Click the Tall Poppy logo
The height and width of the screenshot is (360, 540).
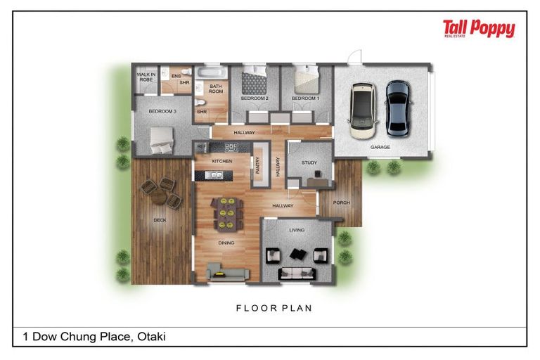point(479,29)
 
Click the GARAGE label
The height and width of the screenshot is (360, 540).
point(380,148)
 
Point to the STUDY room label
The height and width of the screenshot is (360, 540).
point(310,163)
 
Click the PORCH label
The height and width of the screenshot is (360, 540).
point(341,202)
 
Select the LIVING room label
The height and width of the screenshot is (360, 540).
point(296,229)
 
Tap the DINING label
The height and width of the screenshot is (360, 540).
point(226,243)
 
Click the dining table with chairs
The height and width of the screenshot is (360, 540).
point(226,213)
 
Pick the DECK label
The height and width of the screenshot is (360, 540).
point(160,220)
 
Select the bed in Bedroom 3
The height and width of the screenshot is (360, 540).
point(161,139)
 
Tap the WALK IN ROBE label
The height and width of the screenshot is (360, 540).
point(146,77)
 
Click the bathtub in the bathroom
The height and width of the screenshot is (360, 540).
point(210,72)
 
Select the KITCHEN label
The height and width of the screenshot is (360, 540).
point(222,161)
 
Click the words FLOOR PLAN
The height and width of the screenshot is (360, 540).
point(274,308)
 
